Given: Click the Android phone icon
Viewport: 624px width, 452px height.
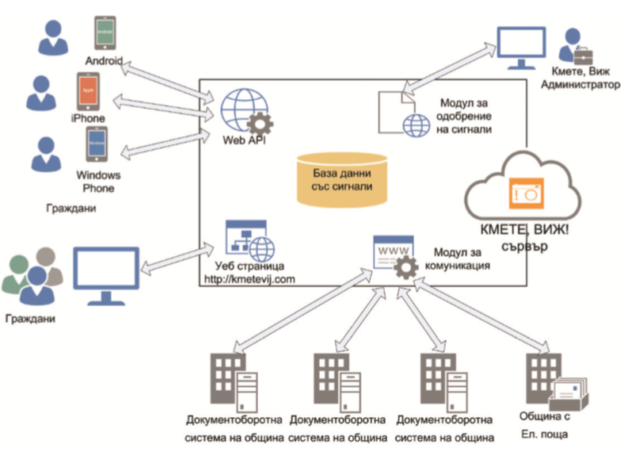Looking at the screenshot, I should [x=105, y=34].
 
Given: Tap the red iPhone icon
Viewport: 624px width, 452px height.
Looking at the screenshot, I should [x=89, y=93].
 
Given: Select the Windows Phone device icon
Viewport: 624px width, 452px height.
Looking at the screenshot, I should [x=97, y=145].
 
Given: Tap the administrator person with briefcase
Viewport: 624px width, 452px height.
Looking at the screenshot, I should [x=576, y=48].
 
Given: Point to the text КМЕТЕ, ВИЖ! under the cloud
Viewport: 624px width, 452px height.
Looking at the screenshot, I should [x=523, y=230].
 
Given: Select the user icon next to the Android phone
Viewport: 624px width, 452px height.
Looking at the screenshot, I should [x=53, y=37].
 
